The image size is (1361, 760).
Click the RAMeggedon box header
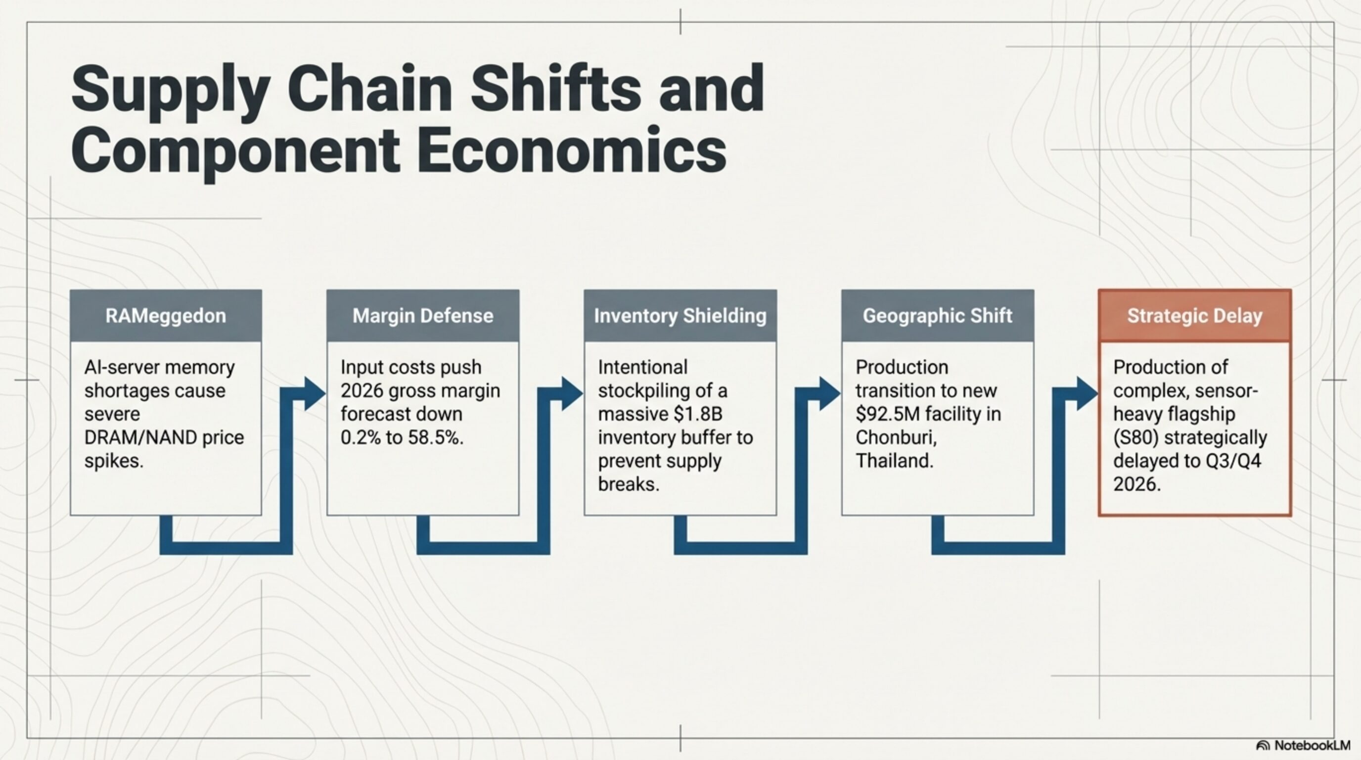click(165, 316)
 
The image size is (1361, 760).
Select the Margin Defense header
click(423, 316)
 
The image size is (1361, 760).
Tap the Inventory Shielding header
click(680, 316)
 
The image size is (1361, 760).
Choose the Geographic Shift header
click(937, 316)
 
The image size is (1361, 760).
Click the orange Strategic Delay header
click(1194, 316)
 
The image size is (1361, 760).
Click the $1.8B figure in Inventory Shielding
click(698, 414)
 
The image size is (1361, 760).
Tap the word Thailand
click(894, 461)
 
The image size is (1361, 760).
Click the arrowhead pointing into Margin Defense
click(316, 394)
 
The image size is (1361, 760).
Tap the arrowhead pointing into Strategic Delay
click(1088, 394)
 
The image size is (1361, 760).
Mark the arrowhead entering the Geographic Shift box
click(830, 394)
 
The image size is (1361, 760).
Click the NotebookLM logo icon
click(1263, 746)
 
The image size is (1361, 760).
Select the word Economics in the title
click(571, 150)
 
